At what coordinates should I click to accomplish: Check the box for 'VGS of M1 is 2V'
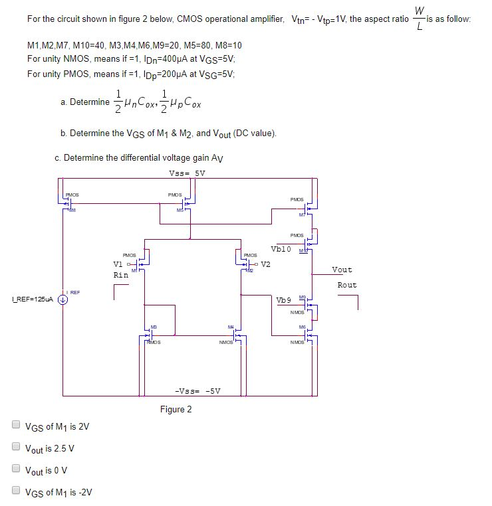pyautogui.click(x=16, y=426)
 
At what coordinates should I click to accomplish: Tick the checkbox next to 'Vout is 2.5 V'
pyautogui.click(x=16, y=448)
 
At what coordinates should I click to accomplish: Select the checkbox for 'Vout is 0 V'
pyautogui.click(x=16, y=469)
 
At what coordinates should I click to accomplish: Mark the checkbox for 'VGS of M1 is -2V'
pyautogui.click(x=16, y=491)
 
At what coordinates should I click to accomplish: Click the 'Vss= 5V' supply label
pyautogui.click(x=187, y=173)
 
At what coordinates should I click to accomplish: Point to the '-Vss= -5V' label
pyautogui.click(x=197, y=390)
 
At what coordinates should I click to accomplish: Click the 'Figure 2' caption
pyautogui.click(x=176, y=409)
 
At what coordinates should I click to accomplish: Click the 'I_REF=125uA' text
pyautogui.click(x=32, y=299)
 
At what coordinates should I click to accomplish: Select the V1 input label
pyautogui.click(x=120, y=264)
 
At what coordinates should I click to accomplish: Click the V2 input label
pyautogui.click(x=266, y=264)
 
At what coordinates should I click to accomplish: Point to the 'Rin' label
pyautogui.click(x=120, y=274)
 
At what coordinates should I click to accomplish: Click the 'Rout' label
pyautogui.click(x=346, y=285)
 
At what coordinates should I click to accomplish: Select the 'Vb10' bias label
pyautogui.click(x=281, y=249)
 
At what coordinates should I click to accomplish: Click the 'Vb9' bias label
pyautogui.click(x=284, y=300)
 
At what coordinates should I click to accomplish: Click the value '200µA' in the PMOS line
pyautogui.click(x=152, y=74)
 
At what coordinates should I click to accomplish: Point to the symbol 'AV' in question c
pyautogui.click(x=217, y=159)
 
